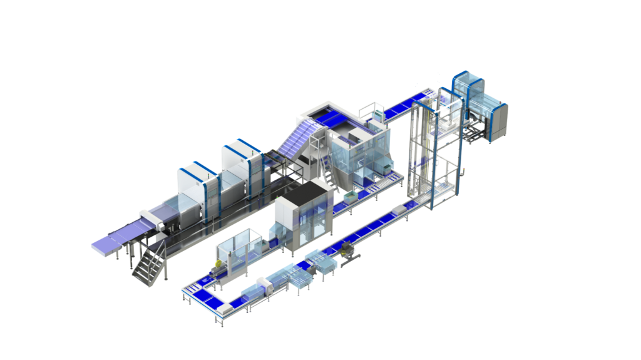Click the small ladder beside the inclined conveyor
(x=326, y=169)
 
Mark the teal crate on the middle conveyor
(x=348, y=197)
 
